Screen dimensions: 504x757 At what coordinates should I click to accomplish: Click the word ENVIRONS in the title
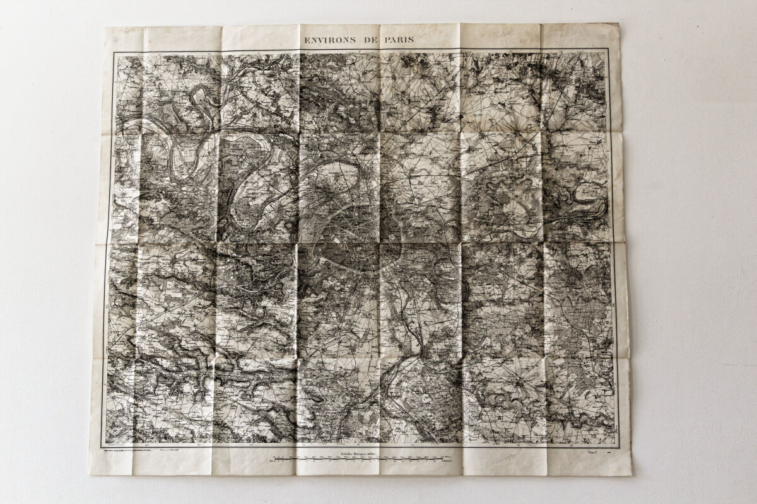coord(329,40)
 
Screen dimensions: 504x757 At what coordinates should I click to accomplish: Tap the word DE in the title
coord(368,40)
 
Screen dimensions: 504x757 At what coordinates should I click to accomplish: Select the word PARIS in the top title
coord(398,40)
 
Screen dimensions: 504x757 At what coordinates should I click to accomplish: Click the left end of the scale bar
coord(272,459)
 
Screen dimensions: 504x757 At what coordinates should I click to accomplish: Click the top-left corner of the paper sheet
coord(106,28)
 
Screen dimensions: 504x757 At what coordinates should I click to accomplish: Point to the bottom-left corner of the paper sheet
coord(91,474)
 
